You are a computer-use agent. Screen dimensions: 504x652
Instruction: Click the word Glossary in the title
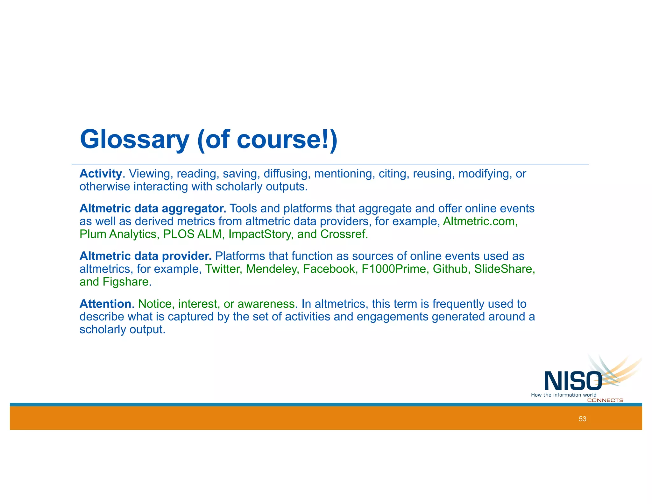[134, 140]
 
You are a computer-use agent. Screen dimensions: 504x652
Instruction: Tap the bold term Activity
[101, 174]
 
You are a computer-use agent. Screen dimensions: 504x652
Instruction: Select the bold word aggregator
[194, 208]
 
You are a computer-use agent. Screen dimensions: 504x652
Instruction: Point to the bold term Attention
[105, 304]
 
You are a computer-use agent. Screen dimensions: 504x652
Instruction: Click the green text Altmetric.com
[480, 221]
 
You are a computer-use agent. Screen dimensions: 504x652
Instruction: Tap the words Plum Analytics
[118, 234]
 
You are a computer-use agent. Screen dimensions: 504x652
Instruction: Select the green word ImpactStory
[261, 234]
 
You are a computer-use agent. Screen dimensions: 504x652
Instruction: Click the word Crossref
[344, 234]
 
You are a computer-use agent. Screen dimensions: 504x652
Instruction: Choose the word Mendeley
[272, 269]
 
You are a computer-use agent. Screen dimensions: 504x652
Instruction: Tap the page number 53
[582, 419]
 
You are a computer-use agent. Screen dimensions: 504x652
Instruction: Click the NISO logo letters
[572, 381]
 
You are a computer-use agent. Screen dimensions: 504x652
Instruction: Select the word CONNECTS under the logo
[605, 400]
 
